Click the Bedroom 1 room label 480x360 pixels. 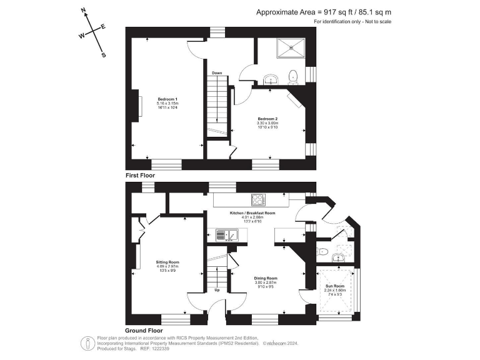point(167,100)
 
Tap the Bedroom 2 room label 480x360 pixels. point(267,119)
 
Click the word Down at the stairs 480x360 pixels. point(217,73)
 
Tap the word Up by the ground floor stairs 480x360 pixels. point(217,290)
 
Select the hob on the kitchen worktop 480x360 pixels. point(258,200)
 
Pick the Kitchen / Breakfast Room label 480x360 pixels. point(252,213)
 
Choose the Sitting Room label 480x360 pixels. point(167,262)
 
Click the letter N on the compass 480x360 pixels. point(84,11)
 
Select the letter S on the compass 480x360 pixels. point(104,55)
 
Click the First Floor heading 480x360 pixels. point(140,176)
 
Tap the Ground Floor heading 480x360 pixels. point(144,330)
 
